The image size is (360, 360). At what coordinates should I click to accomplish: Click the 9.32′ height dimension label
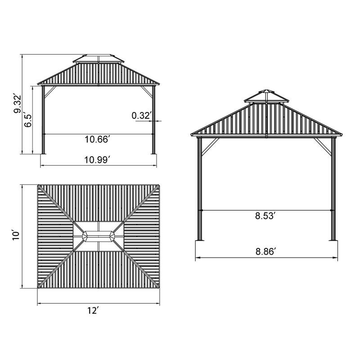click(x=18, y=103)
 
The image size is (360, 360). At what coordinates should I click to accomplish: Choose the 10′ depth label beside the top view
click(x=16, y=235)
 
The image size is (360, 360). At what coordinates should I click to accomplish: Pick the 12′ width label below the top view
click(x=93, y=310)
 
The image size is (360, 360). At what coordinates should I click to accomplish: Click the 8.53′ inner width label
click(x=265, y=216)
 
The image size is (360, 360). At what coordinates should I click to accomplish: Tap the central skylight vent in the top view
click(x=99, y=237)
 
